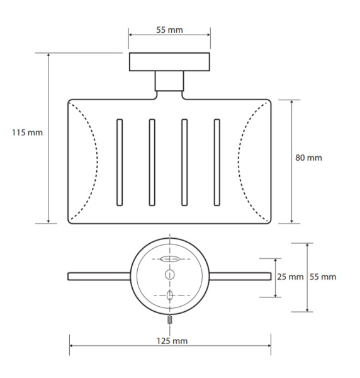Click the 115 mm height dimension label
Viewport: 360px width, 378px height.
click(27, 132)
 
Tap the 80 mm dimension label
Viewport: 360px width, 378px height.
click(308, 157)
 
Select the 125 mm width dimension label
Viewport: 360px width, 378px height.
click(172, 341)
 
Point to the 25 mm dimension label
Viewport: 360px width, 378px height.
click(290, 277)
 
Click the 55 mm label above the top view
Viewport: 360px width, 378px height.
click(169, 30)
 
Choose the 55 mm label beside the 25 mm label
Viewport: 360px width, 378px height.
click(323, 277)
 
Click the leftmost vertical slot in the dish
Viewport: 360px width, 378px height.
click(120, 163)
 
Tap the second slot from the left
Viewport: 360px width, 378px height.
click(152, 163)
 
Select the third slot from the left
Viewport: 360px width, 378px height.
click(184, 163)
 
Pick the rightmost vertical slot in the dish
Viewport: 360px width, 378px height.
click(217, 163)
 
